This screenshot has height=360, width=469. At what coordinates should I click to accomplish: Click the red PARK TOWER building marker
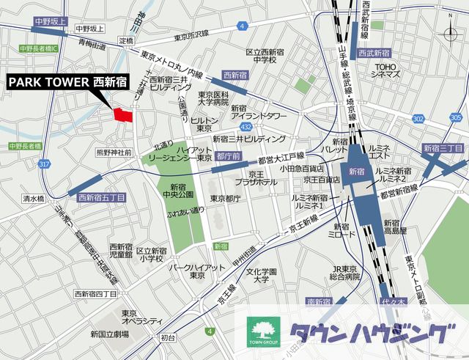pyautogui.click(x=122, y=114)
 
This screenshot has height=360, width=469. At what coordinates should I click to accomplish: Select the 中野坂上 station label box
pyautogui.click(x=49, y=23)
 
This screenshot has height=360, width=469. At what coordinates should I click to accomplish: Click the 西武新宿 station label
pyautogui.click(x=374, y=54)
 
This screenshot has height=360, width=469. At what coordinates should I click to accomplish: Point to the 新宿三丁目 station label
pyautogui.click(x=443, y=149)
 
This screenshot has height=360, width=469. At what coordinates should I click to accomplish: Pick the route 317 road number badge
pyautogui.click(x=45, y=164)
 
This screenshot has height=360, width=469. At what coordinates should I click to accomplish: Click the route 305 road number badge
pyautogui.click(x=457, y=117)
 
